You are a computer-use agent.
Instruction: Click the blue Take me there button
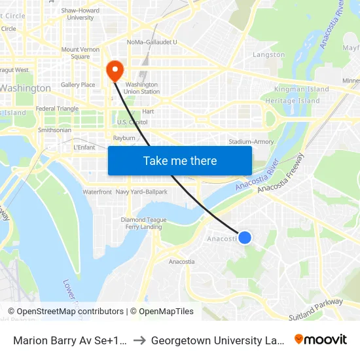pos(180,160)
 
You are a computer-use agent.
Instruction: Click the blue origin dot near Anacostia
pos(245,237)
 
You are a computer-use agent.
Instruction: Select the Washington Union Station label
pos(141,88)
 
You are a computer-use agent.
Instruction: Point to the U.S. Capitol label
pos(132,122)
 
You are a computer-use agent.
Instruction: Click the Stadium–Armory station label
pos(251,141)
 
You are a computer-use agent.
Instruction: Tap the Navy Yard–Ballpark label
pos(141,192)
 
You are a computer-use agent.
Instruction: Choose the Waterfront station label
pos(97,192)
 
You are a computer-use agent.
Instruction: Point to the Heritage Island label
pos(293,101)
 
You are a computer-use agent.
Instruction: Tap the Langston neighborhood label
pos(268,55)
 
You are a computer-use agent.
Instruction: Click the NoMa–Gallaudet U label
pos(153,42)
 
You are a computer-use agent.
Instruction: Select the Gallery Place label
pos(78,84)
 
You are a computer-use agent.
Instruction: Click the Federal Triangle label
pos(57,109)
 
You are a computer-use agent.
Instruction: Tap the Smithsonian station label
pos(55,130)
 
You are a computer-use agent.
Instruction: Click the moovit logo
pos(320,339)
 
